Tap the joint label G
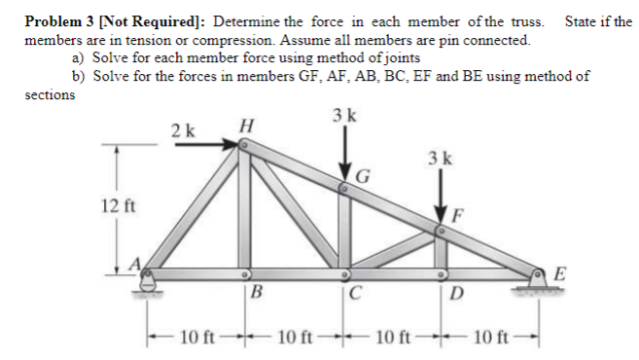[364, 176]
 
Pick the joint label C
[356, 294]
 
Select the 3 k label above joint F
[440, 158]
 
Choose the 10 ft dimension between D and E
[490, 338]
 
